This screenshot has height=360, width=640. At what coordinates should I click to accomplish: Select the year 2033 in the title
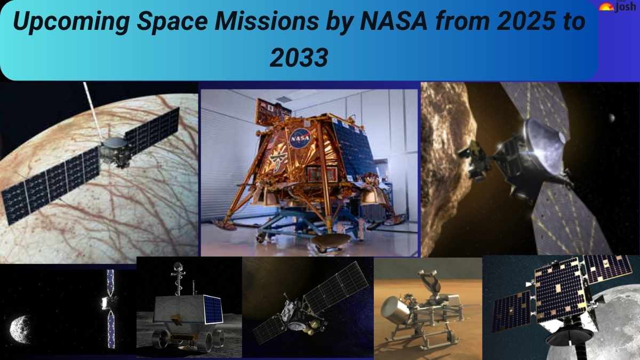click(x=298, y=58)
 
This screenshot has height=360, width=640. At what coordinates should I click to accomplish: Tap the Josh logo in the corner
click(x=618, y=7)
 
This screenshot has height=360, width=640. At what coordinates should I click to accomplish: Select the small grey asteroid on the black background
click(x=20, y=326)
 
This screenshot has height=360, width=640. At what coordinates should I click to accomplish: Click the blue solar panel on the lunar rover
click(x=212, y=309)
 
